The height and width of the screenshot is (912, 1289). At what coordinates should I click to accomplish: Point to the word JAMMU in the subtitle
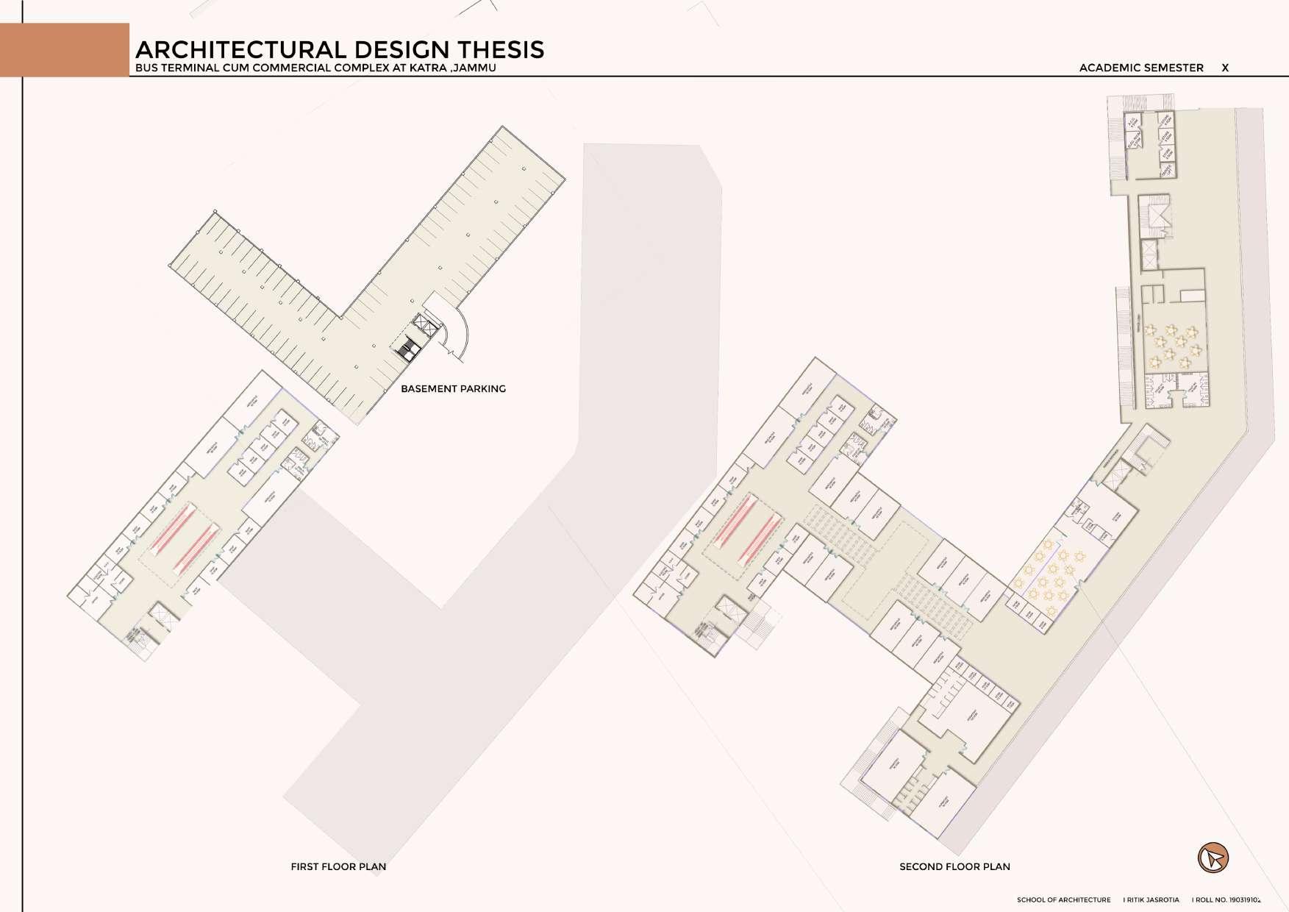tap(475, 68)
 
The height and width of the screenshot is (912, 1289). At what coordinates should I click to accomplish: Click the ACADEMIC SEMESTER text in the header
tap(1141, 68)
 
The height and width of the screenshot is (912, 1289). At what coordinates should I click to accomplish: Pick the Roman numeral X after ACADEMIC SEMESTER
tap(1225, 68)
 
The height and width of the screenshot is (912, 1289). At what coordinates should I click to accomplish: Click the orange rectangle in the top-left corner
tap(65, 49)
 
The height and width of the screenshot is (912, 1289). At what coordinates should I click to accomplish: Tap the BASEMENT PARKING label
tap(453, 388)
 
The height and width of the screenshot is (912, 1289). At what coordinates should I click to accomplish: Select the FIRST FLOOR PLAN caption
tap(338, 866)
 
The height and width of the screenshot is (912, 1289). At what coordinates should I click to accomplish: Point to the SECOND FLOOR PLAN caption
tap(954, 866)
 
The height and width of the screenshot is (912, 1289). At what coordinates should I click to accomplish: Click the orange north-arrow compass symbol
tap(1213, 858)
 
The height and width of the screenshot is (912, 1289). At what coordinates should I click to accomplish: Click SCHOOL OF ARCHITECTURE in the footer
tap(1064, 899)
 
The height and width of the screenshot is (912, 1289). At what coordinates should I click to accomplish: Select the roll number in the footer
tap(1227, 899)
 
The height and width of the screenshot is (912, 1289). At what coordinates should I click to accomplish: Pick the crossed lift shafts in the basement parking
tap(421, 324)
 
